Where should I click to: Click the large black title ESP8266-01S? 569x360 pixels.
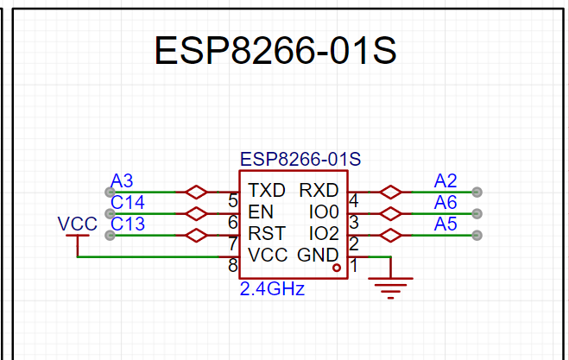(x=275, y=50)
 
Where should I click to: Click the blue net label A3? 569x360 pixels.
(x=122, y=180)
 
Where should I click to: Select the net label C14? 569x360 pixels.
(x=128, y=202)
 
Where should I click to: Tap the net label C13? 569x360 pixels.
(x=128, y=224)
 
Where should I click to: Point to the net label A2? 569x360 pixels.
(x=446, y=180)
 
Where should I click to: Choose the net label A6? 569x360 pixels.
(x=446, y=202)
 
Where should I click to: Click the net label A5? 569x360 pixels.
(x=446, y=224)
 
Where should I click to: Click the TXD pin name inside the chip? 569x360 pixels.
(x=267, y=190)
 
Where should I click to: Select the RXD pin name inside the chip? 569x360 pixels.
(x=319, y=190)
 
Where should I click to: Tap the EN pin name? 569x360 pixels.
(x=261, y=212)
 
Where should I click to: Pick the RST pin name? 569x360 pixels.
(x=267, y=233)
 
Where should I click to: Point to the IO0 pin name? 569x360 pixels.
(x=324, y=212)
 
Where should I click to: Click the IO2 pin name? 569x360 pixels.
(x=324, y=233)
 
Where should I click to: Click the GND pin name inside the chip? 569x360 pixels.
(x=318, y=256)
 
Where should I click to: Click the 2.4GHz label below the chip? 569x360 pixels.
(x=272, y=289)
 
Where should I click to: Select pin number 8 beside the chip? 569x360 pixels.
(x=233, y=266)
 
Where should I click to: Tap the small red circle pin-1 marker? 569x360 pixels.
(x=337, y=268)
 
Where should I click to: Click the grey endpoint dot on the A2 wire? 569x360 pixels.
(x=477, y=192)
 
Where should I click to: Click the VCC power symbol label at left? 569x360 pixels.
(x=78, y=224)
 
